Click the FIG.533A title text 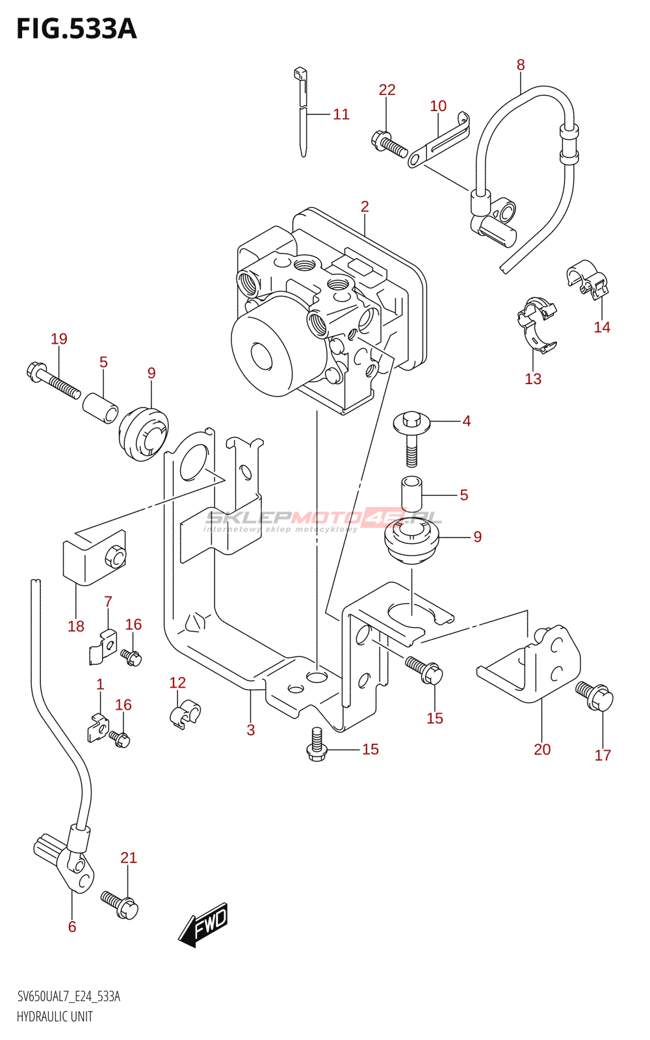click(77, 29)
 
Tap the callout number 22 click(387, 90)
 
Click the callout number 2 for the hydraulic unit click(365, 207)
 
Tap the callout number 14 click(602, 327)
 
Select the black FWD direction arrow click(203, 923)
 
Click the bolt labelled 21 click(120, 903)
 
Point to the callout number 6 click(72, 926)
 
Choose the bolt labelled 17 click(594, 696)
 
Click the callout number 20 click(542, 749)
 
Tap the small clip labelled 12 click(185, 713)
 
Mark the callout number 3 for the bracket click(251, 730)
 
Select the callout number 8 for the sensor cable click(521, 65)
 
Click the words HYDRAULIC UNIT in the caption click(55, 1017)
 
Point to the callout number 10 click(438, 106)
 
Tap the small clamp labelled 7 click(103, 647)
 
